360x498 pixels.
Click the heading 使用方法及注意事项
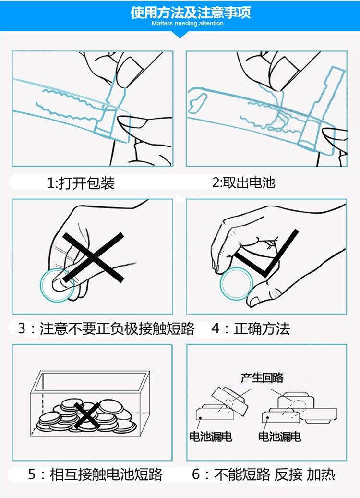[191, 12]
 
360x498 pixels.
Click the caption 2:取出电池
[244, 182]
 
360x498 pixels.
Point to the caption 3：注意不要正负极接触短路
[106, 328]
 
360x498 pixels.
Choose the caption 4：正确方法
[251, 328]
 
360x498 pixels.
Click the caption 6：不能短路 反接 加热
[264, 474]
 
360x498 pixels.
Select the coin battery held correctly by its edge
[236, 283]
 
